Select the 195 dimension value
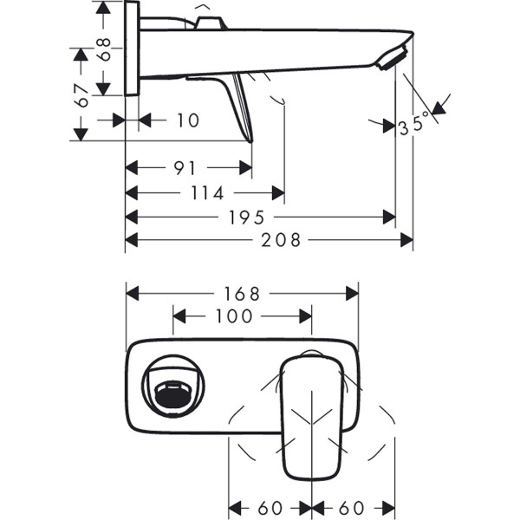(x=247, y=217)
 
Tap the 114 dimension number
(x=205, y=192)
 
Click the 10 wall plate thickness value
(x=187, y=120)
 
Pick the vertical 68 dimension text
(x=105, y=49)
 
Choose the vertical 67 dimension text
(x=83, y=96)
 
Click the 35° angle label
(x=413, y=127)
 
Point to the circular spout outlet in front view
(x=174, y=387)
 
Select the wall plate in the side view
(x=133, y=49)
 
